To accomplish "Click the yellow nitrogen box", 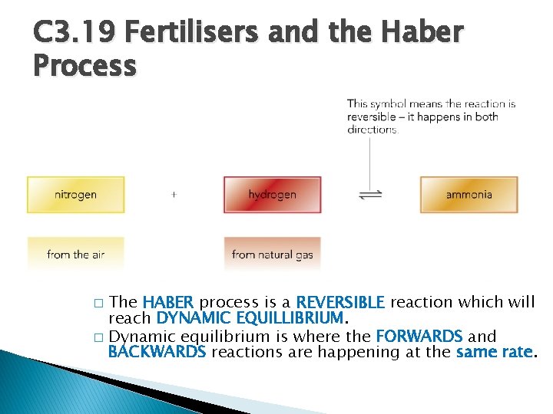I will [75, 195].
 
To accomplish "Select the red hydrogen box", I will [272, 195].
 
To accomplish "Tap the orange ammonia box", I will [469, 195].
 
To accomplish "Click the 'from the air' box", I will [75, 255].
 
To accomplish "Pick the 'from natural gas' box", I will [272, 255].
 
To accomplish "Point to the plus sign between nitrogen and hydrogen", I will [174, 195].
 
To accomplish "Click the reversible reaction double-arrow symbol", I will [370, 195].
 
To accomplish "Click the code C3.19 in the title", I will [75, 33].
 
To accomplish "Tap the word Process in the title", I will [84, 66].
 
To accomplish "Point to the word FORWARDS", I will [419, 336].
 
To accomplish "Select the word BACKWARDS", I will [157, 352].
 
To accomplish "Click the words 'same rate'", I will [493, 352].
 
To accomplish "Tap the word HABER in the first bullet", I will [169, 302].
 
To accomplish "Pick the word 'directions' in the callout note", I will [372, 130].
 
